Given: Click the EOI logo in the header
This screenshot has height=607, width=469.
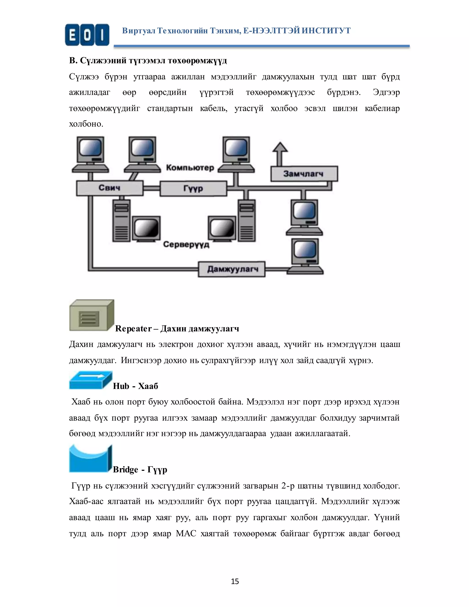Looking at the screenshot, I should click(x=87, y=35).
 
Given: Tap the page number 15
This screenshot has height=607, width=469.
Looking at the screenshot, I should click(x=235, y=581).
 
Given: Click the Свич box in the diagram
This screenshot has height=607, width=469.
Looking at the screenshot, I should click(x=110, y=188).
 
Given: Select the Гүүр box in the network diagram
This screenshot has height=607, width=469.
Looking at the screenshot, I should click(x=193, y=189).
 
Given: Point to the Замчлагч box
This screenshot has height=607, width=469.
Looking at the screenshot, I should click(x=304, y=174).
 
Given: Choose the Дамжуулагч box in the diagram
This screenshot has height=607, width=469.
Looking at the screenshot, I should click(x=232, y=269).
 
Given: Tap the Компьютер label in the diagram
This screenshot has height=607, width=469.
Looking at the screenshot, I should click(x=190, y=168).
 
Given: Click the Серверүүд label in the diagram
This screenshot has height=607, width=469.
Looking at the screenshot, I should click(x=186, y=244).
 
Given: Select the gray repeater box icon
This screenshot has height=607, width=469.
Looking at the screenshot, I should click(x=91, y=315).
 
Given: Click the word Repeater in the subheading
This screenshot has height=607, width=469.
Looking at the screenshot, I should click(x=133, y=328).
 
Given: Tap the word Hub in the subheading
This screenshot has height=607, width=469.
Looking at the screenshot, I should click(x=121, y=386).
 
